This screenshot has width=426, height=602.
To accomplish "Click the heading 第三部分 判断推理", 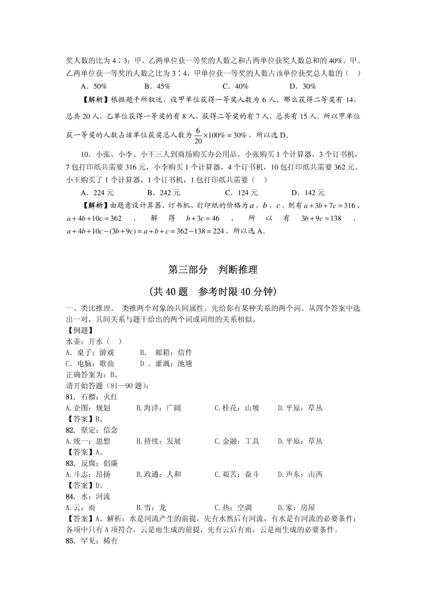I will pyautogui.click(x=213, y=269).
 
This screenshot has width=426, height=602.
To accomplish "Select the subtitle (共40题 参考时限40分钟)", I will pyautogui.click(x=213, y=291).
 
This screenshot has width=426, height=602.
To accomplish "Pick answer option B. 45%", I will pyautogui.click(x=157, y=86).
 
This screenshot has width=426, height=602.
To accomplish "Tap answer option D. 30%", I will pyautogui.click(x=303, y=86).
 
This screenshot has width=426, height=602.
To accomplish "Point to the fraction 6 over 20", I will pyautogui.click(x=198, y=136).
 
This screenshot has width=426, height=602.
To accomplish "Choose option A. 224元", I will pyautogui.click(x=97, y=193).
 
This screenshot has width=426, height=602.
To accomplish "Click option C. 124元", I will pyautogui.click(x=241, y=193).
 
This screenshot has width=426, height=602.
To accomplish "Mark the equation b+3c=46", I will pyautogui.click(x=203, y=219).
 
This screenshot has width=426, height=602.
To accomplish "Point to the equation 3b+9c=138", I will pyautogui.click(x=321, y=219).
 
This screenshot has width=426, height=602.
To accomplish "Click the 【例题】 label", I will pyautogui.click(x=79, y=330).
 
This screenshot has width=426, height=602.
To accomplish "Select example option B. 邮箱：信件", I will pyautogui.click(x=166, y=353).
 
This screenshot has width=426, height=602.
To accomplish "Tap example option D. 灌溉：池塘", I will pyautogui.click(x=166, y=364).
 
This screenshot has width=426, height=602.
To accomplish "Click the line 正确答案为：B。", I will pyautogui.click(x=92, y=375).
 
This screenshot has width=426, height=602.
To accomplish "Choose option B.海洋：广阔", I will pyautogui.click(x=158, y=408).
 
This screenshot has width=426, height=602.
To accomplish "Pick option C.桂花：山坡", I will pyautogui.click(x=237, y=408).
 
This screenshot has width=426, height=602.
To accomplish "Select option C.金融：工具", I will pyautogui.click(x=237, y=441).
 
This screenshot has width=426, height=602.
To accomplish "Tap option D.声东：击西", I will pyautogui.click(x=300, y=474).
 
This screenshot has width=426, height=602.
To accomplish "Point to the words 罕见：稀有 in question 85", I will pyautogui.click(x=99, y=541).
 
